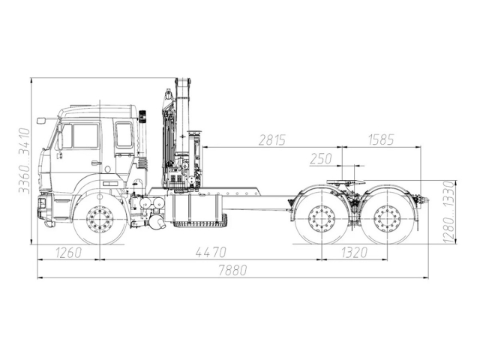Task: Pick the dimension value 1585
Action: coord(382,139)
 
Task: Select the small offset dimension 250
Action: coord(320,158)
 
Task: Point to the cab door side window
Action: coord(85,136)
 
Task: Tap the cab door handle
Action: coord(96,163)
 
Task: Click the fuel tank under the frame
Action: coord(198,209)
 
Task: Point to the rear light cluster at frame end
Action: coord(423,201)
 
